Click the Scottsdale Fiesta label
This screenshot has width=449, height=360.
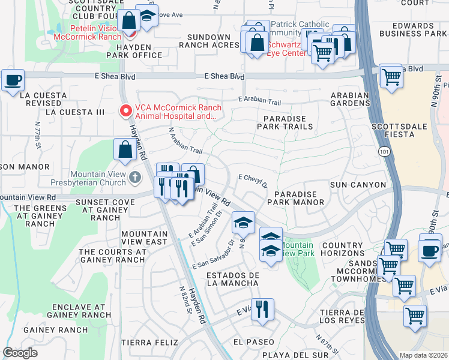tap(402, 127)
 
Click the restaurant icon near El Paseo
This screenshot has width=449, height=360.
tap(262, 309)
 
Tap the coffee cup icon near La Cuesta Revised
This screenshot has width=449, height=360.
tap(13, 80)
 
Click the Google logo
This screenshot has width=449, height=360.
tap(20, 352)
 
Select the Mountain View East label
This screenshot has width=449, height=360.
tap(144, 238)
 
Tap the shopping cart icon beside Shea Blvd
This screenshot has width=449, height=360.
tap(391, 76)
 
